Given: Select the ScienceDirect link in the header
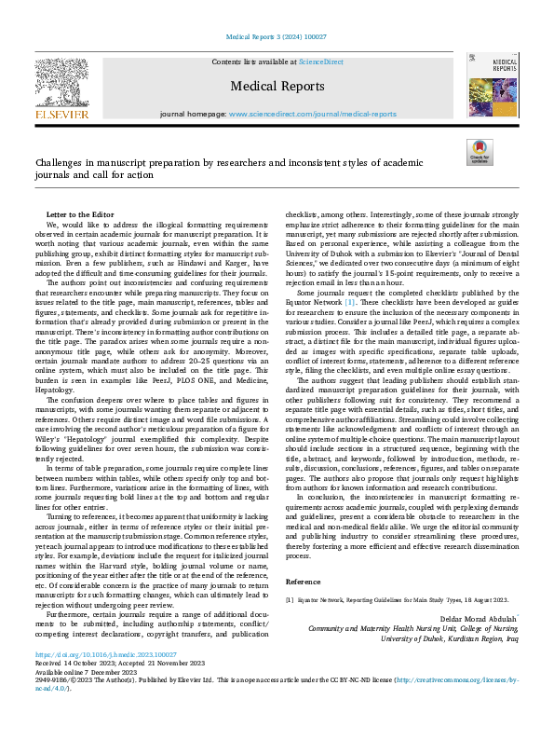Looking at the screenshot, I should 319,61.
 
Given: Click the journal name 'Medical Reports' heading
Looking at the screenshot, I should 277,86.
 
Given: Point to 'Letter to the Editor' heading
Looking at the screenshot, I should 80,214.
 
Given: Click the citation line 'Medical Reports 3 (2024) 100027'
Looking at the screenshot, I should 277,38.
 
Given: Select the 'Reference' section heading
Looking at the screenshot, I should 303,581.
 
